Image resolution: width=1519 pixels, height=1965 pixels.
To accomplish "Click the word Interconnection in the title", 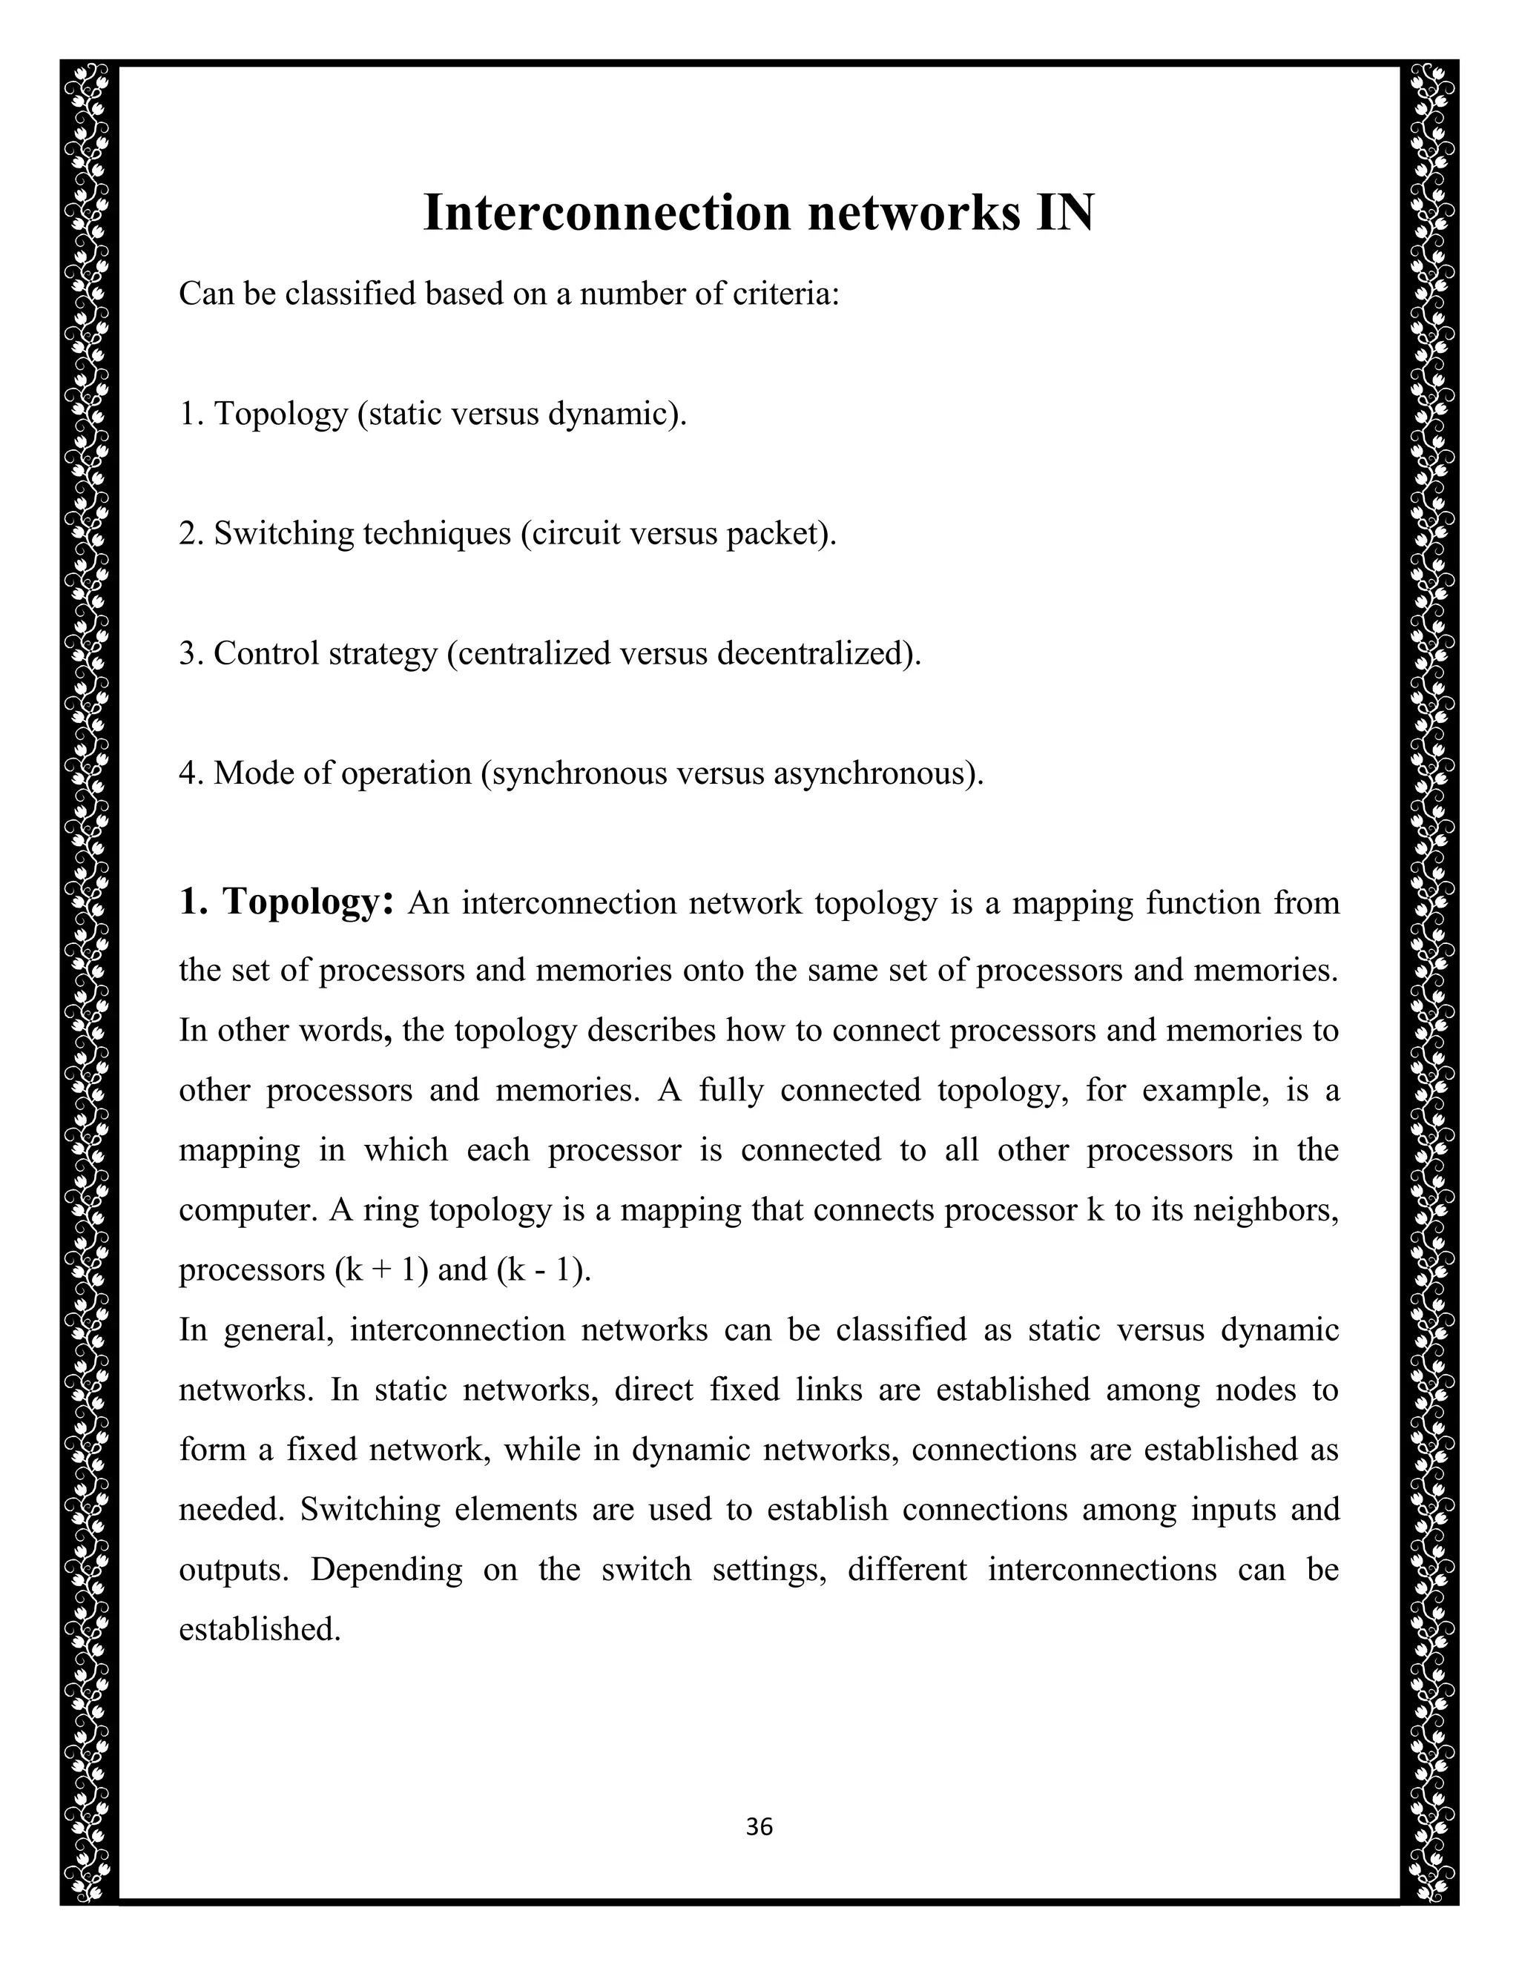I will [x=607, y=214].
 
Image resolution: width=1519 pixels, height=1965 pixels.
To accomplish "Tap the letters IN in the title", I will [x=1064, y=214].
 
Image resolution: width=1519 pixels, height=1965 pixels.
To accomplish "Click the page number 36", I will [x=759, y=1827].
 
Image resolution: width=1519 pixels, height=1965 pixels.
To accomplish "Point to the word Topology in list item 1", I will [x=281, y=414].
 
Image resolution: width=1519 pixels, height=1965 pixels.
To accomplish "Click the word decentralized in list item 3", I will [x=818, y=653].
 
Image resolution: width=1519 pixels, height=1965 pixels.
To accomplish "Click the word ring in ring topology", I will [x=391, y=1210].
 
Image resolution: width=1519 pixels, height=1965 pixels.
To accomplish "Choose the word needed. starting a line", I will [x=231, y=1509].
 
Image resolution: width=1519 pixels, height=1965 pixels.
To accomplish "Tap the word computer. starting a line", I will [x=248, y=1210].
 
